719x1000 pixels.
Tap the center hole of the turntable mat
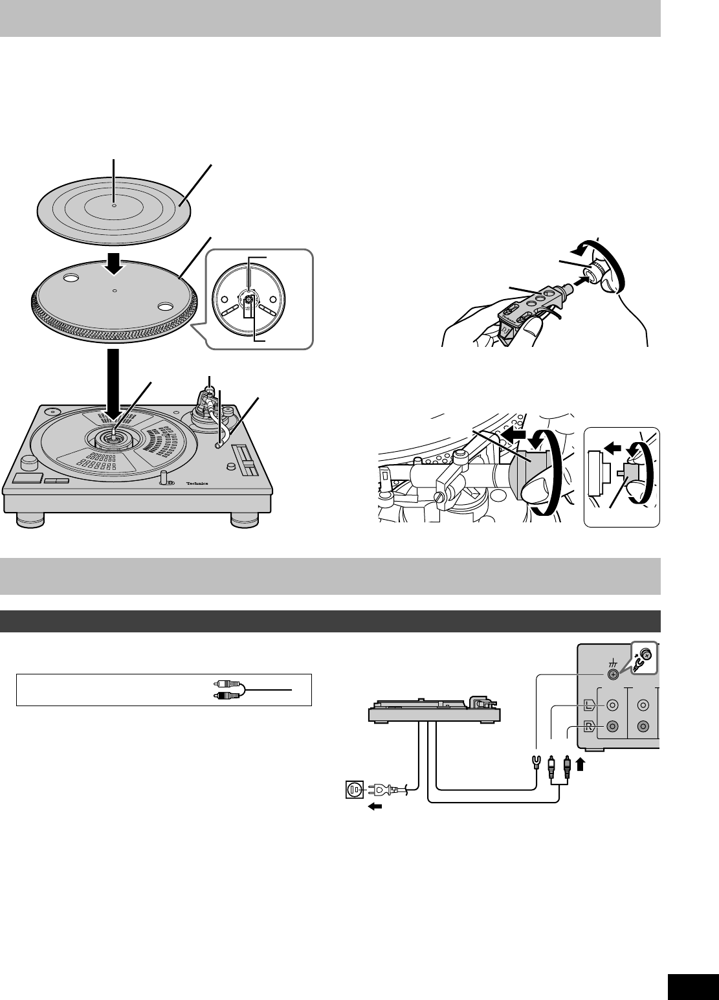click(114, 206)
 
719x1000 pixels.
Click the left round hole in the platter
click(71, 279)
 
